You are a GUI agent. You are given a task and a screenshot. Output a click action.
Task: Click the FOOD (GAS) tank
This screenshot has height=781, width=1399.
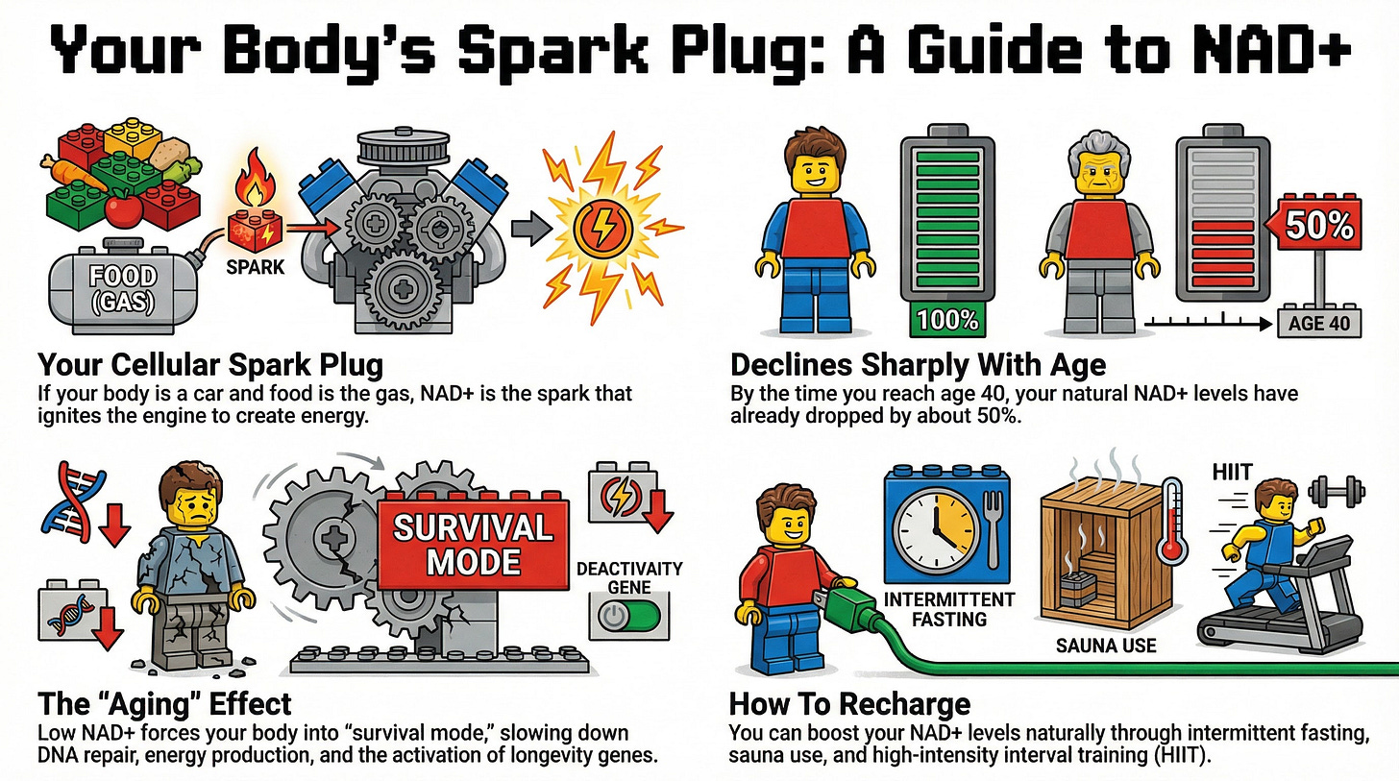tap(123, 288)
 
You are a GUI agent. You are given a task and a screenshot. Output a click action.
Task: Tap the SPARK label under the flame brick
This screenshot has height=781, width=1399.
tap(255, 267)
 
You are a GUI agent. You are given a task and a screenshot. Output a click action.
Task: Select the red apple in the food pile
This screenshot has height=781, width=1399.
tap(124, 209)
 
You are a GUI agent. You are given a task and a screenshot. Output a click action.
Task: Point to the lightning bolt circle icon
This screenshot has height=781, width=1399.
tap(602, 228)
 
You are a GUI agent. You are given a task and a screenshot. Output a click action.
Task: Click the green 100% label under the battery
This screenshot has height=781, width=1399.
tap(947, 320)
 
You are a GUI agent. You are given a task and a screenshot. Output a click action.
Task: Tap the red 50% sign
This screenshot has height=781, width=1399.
tap(1314, 225)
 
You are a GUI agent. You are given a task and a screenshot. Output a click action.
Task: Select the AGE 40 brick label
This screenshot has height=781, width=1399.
tap(1319, 323)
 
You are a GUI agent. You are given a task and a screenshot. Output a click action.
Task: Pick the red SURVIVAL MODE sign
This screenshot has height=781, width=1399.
tap(473, 543)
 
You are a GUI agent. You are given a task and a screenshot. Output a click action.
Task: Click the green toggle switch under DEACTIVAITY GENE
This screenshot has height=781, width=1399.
tap(628, 616)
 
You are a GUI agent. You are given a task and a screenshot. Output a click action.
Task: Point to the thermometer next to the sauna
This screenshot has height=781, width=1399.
tap(1172, 522)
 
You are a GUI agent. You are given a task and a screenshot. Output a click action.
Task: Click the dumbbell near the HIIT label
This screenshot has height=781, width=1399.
tap(1336, 492)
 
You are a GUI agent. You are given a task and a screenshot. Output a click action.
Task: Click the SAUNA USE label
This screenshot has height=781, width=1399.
tap(1105, 645)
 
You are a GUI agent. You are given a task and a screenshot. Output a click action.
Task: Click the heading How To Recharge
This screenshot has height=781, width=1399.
tap(849, 703)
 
